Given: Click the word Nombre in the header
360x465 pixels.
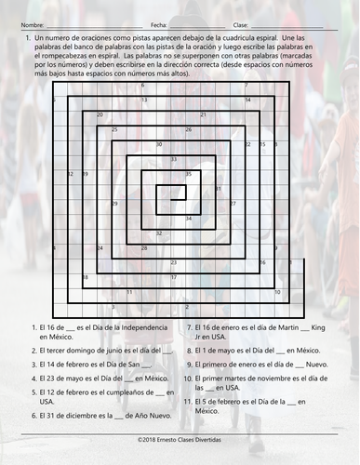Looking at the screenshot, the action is [31, 23].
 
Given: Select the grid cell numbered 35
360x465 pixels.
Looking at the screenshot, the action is [189, 174].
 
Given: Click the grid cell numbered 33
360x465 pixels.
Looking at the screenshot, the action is [174, 159].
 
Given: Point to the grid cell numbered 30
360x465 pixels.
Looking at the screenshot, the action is [159, 144].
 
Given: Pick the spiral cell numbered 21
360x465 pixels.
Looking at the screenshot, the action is [203, 115].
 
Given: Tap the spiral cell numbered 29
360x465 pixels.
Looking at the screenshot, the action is [114, 203].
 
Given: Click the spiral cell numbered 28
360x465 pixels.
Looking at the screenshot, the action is [144, 248].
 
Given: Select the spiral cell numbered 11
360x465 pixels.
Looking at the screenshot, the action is [129, 292].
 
